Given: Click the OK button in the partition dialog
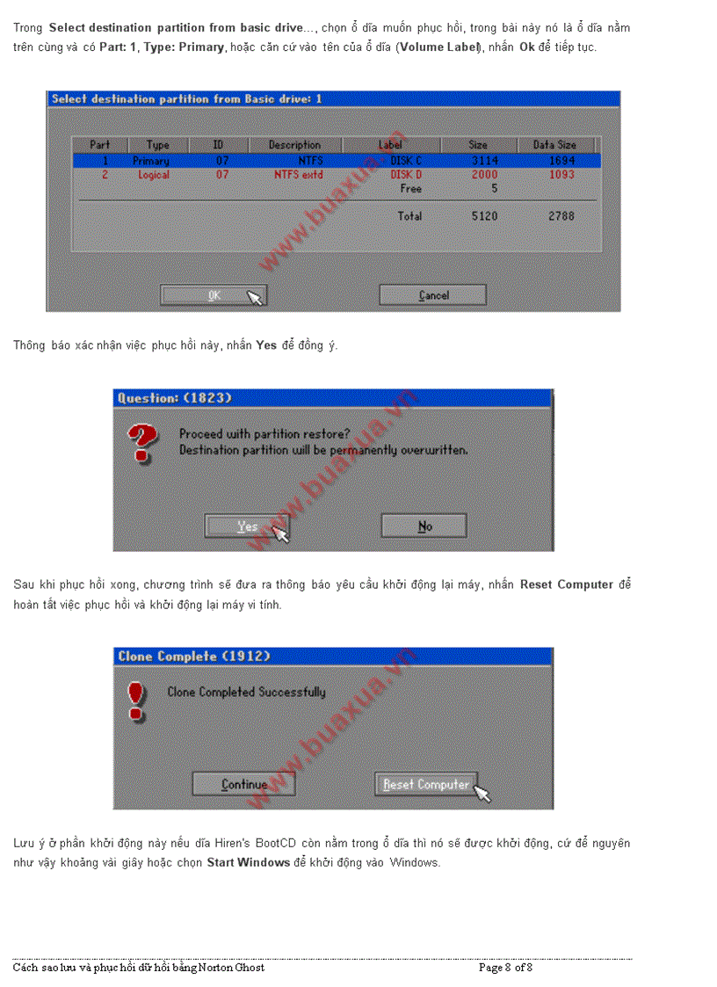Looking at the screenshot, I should point(214,295).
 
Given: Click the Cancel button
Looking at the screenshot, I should point(432,295).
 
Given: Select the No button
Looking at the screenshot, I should point(424,526).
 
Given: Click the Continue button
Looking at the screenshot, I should point(243,784).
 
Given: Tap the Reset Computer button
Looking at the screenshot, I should point(426,784).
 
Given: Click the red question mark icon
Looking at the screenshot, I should point(143,441).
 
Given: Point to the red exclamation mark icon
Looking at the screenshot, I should point(134,700).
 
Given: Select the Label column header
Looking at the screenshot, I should point(390,144).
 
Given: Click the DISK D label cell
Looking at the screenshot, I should point(406,175).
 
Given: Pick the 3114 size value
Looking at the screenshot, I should point(484,161).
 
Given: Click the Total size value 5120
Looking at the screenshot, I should point(484,215).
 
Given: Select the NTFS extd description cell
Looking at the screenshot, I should point(298,175).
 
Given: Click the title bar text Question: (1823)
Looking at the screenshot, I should point(175,398).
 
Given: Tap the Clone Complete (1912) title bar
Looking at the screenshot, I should point(193,657).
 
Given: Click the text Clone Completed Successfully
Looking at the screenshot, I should point(246,692).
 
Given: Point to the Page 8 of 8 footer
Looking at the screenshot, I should point(505,968).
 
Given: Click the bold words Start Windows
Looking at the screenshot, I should point(248,862).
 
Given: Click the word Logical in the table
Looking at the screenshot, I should point(154,175).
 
